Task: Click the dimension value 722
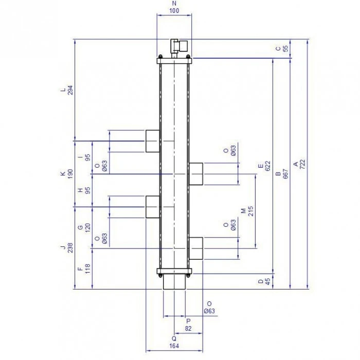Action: pos(303,164)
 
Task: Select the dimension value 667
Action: pos(285,174)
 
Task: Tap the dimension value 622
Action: pos(267,166)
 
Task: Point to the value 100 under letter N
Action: pos(174,11)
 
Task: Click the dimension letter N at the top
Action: pos(174,4)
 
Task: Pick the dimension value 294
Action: pos(70,90)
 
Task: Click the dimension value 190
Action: pos(70,174)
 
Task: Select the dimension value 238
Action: pos(70,248)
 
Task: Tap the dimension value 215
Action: pos(250,211)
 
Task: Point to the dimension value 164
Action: pos(174,346)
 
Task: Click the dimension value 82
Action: pos(188,329)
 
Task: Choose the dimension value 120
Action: pos(88,228)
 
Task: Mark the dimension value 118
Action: pos(88,269)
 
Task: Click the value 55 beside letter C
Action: pos(285,49)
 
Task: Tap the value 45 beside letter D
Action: pos(267,282)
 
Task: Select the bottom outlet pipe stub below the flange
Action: pos(174,282)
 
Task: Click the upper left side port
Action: pos(153,141)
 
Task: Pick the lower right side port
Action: pos(196,248)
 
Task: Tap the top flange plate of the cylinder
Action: pos(174,61)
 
